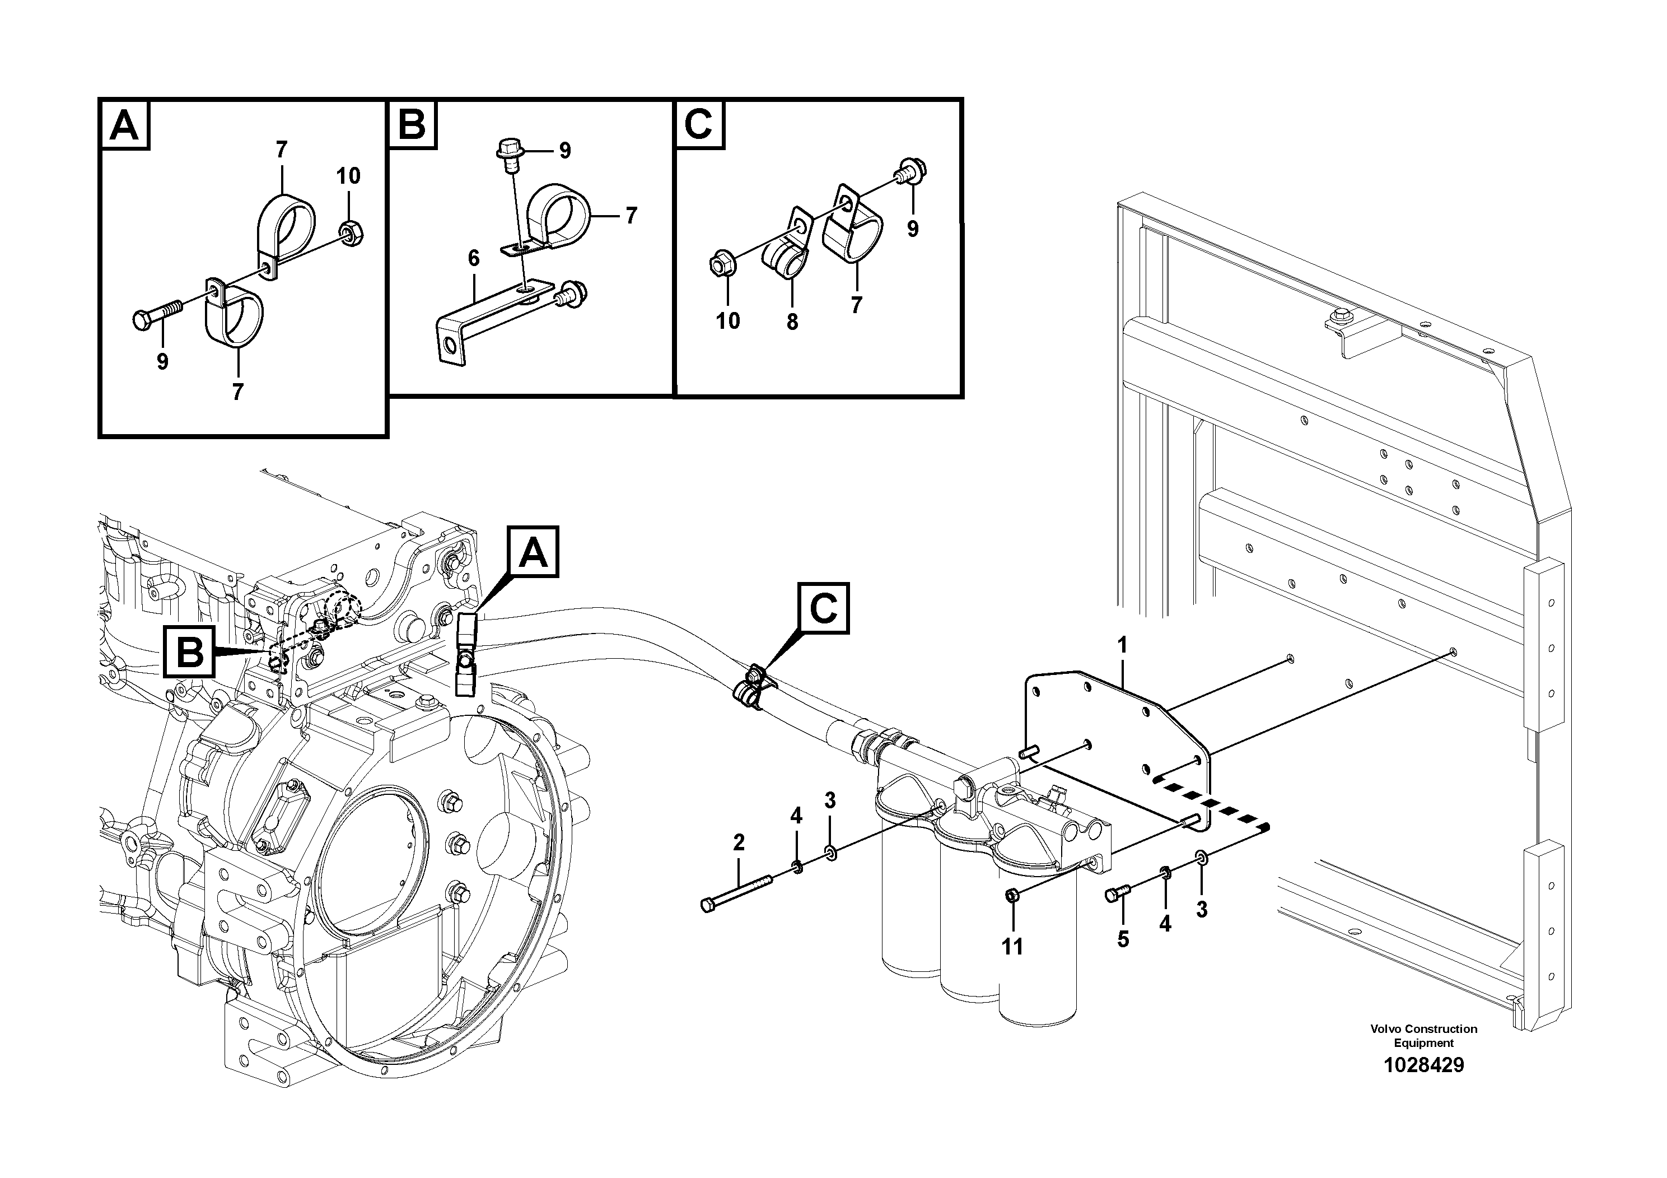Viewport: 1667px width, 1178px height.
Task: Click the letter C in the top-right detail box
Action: pos(698,124)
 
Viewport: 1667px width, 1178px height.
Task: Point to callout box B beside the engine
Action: pos(190,651)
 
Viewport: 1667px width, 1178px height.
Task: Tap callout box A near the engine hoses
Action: pos(534,553)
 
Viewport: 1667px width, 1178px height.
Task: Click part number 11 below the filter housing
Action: pos(1012,946)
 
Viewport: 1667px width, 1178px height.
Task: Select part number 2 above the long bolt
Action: pos(739,842)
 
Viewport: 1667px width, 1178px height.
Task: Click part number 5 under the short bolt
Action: pos(1123,939)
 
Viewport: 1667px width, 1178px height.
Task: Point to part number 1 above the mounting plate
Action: pos(1123,644)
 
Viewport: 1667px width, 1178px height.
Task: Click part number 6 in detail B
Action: pos(473,258)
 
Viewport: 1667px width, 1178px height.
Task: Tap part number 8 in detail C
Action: pos(792,322)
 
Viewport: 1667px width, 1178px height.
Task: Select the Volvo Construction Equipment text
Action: pos(1423,1036)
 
